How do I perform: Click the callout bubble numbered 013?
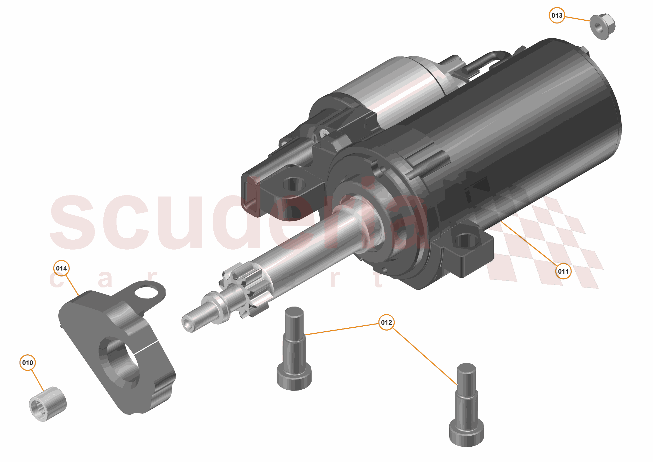tap(557, 15)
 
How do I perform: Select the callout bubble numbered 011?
tap(563, 271)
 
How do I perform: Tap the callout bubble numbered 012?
tap(386, 322)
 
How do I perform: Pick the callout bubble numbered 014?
tap(61, 268)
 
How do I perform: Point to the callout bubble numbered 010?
tap(28, 363)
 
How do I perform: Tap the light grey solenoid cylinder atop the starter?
tap(393, 91)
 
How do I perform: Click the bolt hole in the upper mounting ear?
tap(294, 184)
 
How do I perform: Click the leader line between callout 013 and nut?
tap(577, 19)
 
